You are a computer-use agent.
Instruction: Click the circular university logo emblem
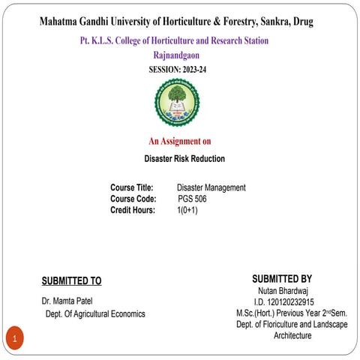pos(177,103)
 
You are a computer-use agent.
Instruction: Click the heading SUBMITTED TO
pos(71,281)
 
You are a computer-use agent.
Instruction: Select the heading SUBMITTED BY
pos(282,278)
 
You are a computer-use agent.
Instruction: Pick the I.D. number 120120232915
pos(283,301)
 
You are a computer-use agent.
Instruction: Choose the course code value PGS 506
pos(192,199)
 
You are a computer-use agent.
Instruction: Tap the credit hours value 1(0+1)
pos(187,210)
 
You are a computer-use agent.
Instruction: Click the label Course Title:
pos(132,187)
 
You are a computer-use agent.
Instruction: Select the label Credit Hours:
pos(133,210)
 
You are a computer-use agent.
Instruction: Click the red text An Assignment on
pos(180,141)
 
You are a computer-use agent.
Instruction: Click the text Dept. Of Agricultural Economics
pos(94,313)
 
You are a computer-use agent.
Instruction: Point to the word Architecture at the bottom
pos(292,336)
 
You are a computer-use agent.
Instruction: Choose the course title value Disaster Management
pos(211,187)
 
